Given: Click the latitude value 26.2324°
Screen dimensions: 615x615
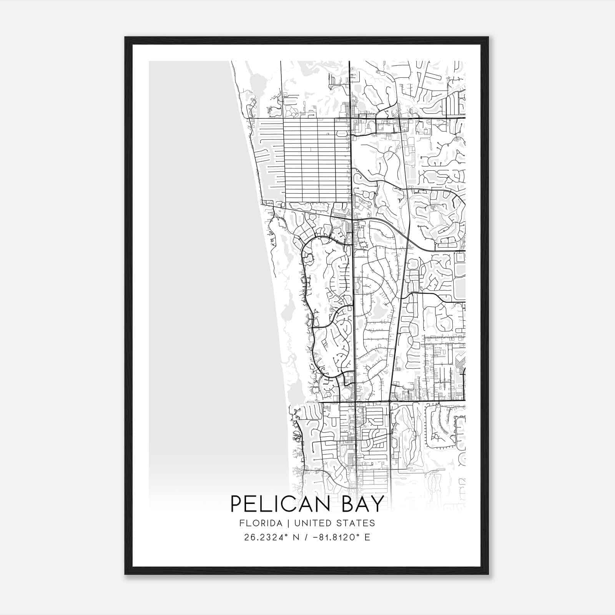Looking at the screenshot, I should pos(266,537).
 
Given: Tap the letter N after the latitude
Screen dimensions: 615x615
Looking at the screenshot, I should pos(296,537).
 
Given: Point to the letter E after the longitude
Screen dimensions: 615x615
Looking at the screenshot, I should pos(367,537).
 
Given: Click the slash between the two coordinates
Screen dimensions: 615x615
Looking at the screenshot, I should pos(306,537).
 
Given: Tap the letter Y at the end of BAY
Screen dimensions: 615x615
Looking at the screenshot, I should pos(379,504).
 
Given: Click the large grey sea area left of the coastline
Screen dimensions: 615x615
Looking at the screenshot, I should pos(200,269).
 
